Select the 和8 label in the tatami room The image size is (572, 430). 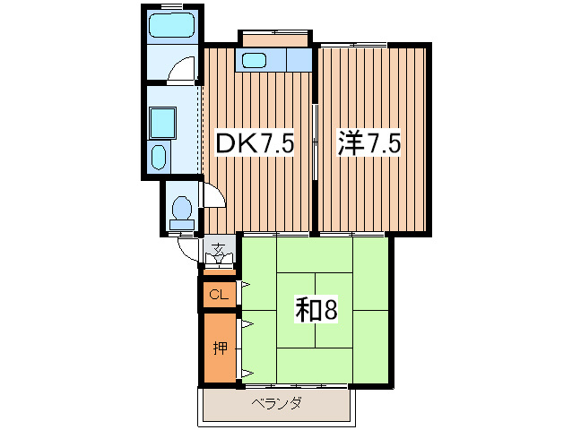316,310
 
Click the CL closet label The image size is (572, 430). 218,295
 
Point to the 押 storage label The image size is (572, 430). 219,348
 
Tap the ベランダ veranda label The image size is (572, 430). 276,403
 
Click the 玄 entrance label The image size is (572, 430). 218,247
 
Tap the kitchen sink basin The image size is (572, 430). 255,61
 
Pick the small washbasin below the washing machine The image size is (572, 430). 160,157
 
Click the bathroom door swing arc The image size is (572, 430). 183,70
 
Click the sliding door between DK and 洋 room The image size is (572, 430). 315,143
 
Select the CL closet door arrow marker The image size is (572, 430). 243,286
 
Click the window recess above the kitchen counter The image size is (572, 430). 274,39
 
